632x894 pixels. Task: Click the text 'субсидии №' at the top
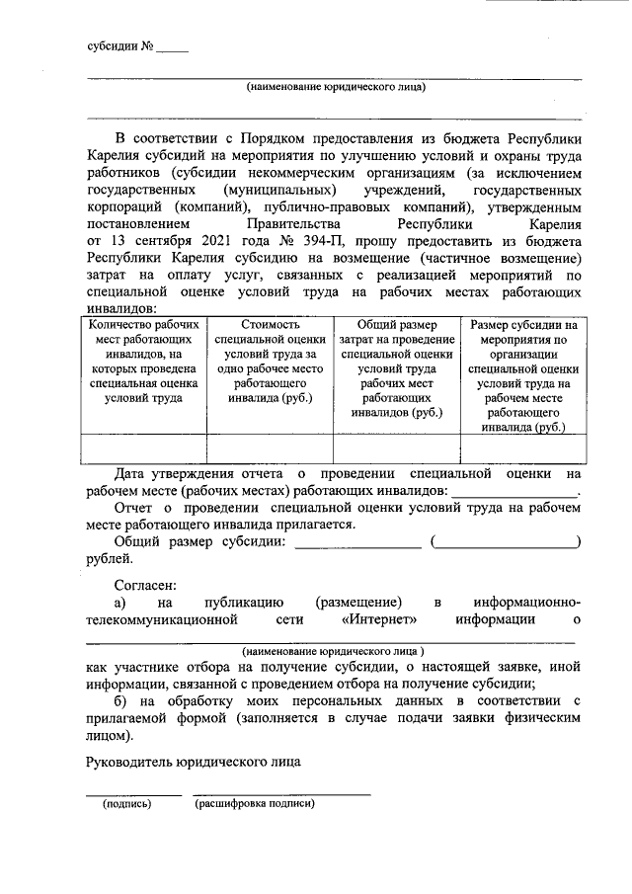[119, 46]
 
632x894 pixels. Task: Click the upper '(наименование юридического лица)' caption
[336, 87]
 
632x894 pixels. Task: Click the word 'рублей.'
[109, 559]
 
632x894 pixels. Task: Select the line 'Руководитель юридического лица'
[194, 763]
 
